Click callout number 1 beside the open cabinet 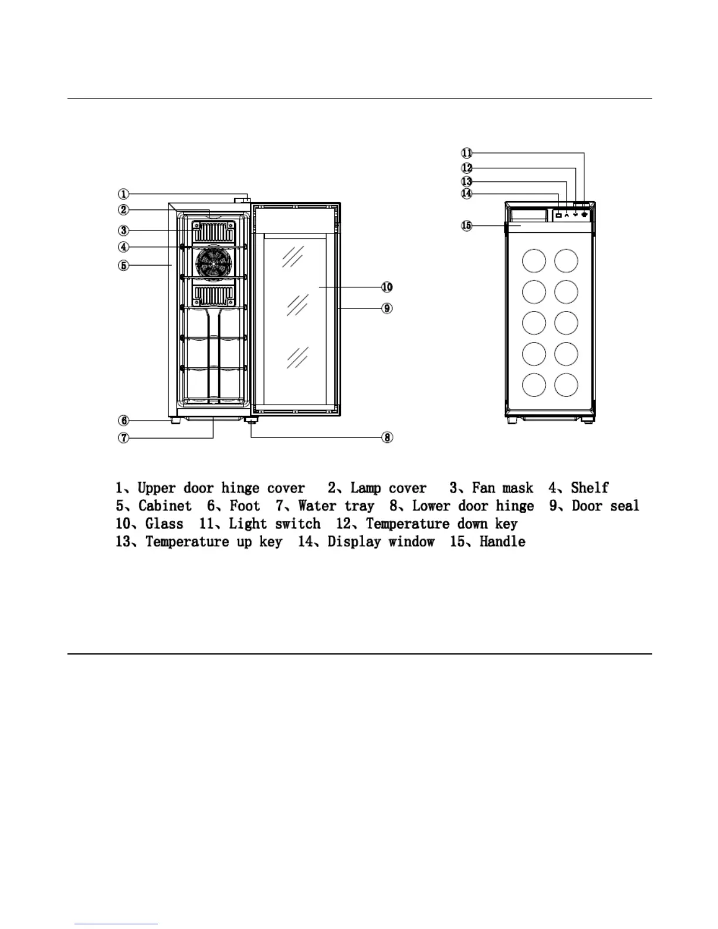[123, 194]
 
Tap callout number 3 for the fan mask [123, 230]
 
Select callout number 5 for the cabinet [123, 266]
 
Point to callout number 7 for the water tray [123, 438]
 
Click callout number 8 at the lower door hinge [387, 438]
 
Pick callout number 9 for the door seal [387, 308]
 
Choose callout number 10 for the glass [387, 287]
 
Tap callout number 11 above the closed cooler [466, 153]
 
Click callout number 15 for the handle [466, 225]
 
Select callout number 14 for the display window [466, 193]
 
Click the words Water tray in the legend [336, 506]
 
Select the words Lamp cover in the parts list [388, 488]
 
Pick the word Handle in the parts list [502, 541]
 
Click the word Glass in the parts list [164, 524]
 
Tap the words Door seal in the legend [605, 506]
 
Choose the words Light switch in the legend [275, 524]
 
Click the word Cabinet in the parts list [165, 506]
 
